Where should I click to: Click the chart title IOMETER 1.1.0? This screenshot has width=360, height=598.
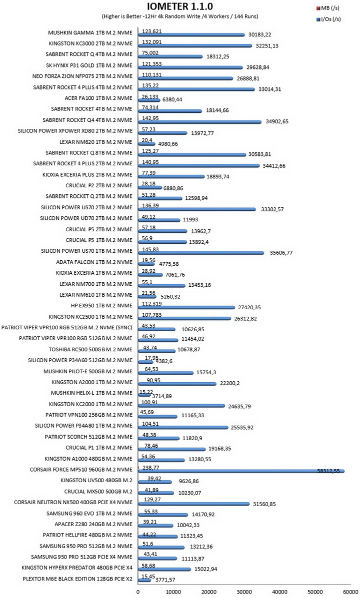click(x=180, y=6)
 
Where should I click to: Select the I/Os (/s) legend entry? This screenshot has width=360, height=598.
click(x=328, y=19)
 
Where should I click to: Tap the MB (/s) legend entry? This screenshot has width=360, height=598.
click(x=327, y=7)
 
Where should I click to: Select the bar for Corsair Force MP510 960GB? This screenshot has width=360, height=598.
click(x=241, y=472)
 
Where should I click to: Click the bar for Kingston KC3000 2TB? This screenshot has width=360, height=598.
click(x=195, y=46)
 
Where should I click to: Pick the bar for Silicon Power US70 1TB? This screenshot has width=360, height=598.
click(x=201, y=252)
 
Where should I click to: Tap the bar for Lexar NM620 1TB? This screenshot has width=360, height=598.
click(x=146, y=144)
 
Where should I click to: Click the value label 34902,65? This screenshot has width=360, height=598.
click(x=276, y=122)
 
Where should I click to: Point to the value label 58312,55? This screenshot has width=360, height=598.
click(x=328, y=471)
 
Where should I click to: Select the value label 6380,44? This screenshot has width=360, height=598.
click(x=172, y=99)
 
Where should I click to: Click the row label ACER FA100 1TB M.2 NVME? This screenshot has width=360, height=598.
click(x=98, y=98)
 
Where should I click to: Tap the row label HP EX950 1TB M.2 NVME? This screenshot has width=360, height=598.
click(x=101, y=305)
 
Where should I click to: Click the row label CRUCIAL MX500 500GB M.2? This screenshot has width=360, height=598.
click(x=98, y=491)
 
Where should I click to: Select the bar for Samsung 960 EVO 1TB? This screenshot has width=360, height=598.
click(x=163, y=515)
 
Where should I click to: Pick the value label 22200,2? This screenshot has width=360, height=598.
click(x=229, y=383)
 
